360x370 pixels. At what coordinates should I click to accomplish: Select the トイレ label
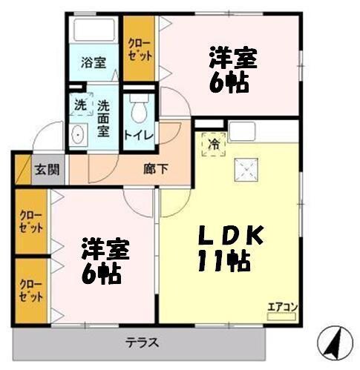tap(138, 136)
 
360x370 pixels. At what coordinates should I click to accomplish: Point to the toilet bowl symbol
tap(138, 112)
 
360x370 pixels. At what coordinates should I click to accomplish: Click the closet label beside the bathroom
tap(138, 50)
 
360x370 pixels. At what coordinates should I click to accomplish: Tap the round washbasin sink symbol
tap(78, 136)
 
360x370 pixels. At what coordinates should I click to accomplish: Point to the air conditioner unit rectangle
tap(281, 316)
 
